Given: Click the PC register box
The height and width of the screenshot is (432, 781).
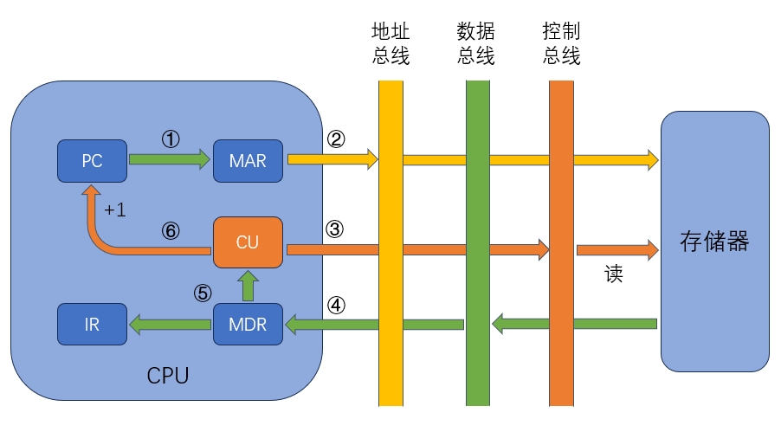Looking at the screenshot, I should [x=92, y=161].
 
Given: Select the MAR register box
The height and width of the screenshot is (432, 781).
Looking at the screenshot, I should [x=248, y=161].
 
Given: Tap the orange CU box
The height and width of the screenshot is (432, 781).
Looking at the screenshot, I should [x=248, y=242].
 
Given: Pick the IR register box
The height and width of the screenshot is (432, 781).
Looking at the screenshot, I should [x=92, y=325].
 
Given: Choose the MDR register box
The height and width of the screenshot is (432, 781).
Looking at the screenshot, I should [x=248, y=325].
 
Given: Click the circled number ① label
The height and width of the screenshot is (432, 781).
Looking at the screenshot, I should [x=171, y=139].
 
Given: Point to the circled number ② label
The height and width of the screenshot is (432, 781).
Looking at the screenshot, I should [x=336, y=139].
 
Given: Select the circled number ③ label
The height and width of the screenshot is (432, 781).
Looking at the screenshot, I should [x=336, y=230].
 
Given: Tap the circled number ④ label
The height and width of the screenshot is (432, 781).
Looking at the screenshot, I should [x=336, y=306].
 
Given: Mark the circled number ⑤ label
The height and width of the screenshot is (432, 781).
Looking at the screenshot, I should [x=203, y=293].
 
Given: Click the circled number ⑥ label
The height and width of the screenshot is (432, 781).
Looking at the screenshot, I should [x=171, y=231].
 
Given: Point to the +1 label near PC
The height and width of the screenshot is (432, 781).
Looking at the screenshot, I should [x=115, y=210].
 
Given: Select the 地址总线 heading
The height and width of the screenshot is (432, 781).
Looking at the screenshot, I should [x=390, y=44].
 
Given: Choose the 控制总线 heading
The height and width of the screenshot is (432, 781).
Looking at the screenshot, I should [x=561, y=44].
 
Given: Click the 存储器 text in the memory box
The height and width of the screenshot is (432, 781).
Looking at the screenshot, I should [x=714, y=242].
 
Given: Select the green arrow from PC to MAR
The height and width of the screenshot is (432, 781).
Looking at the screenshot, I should [x=170, y=159].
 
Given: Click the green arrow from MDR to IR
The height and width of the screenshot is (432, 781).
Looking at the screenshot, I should [x=170, y=325].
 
